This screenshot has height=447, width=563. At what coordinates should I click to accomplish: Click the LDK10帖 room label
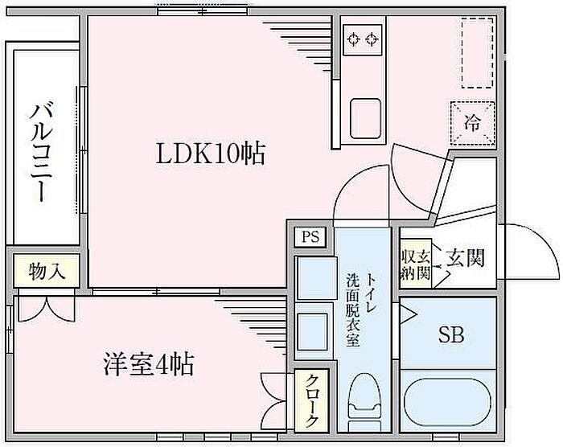pos(210,154)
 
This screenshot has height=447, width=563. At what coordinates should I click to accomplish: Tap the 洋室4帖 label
pos(148,365)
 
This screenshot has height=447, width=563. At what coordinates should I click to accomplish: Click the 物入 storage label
pos(46,271)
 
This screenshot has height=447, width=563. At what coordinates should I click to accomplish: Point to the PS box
pos(310,237)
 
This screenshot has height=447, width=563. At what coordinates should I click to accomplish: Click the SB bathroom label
pos(450,335)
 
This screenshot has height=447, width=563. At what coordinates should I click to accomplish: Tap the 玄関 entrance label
pos(466,258)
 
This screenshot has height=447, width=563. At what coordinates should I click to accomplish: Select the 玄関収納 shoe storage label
pos(416,265)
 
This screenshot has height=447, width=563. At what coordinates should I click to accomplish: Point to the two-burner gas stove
pos(361,38)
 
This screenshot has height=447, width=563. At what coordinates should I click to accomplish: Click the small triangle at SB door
pos(407,314)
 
